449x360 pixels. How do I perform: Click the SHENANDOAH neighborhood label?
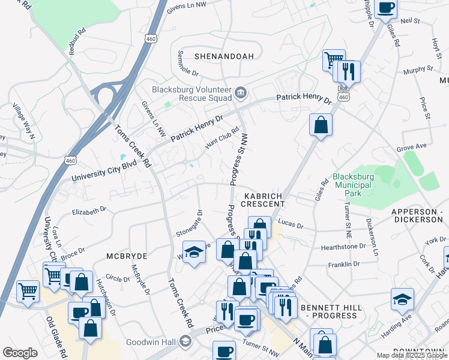coord(224,56)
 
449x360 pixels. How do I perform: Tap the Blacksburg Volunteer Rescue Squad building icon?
coord(241,92)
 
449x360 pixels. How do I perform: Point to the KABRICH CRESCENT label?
coord(264,200)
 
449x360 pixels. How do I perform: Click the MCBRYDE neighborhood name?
coord(127,256)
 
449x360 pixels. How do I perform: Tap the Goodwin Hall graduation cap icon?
coord(185,342)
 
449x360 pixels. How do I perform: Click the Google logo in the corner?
coord(20,353)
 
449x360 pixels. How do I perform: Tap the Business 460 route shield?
coord(343,95)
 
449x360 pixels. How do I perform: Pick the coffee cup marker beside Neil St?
coord(385,8)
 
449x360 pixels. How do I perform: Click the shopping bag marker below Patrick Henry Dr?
coord(321,125)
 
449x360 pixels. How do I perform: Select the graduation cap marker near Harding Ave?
coord(402,299)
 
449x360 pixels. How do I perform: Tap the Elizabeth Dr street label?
coord(88,211)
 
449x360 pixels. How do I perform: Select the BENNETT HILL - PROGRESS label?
coord(331,311)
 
